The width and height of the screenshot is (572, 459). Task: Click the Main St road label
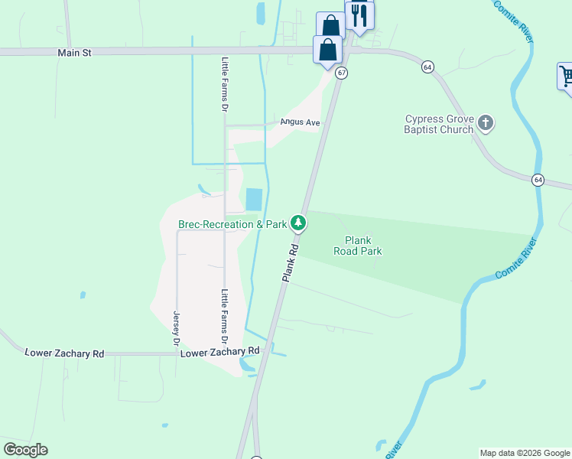click(74, 53)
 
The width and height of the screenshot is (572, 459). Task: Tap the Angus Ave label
click(299, 122)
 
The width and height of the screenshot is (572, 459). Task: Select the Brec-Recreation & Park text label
click(232, 224)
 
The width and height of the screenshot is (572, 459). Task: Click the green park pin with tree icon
click(298, 223)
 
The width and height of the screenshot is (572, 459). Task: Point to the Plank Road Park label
click(357, 245)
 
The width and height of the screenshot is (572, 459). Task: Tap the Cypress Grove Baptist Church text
click(440, 124)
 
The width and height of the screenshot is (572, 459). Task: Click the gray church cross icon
click(485, 122)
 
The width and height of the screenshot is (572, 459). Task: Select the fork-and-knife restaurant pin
click(359, 15)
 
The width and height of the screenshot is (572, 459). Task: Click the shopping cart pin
click(567, 76)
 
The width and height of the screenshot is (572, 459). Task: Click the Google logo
click(25, 449)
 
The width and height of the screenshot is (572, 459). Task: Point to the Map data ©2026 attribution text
click(524, 453)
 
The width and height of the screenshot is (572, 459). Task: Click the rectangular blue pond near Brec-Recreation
click(253, 200)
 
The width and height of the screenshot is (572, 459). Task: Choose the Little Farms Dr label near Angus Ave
click(225, 85)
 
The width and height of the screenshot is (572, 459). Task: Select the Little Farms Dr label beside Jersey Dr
click(224, 315)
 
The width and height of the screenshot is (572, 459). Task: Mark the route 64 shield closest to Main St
click(427, 67)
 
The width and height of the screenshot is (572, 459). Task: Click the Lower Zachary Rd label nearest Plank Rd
click(220, 352)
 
